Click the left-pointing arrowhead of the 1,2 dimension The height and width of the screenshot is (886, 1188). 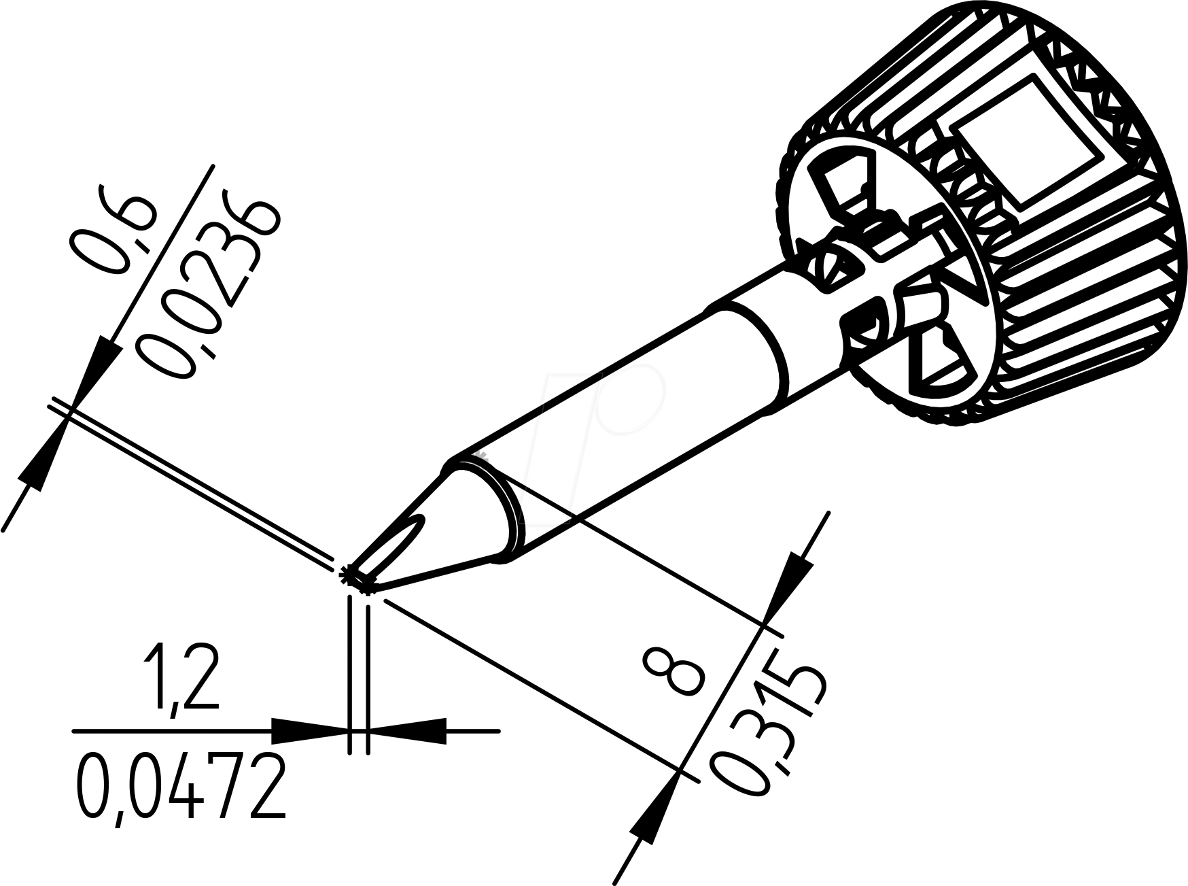(411, 732)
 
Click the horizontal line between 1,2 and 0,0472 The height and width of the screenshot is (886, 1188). (170, 732)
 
